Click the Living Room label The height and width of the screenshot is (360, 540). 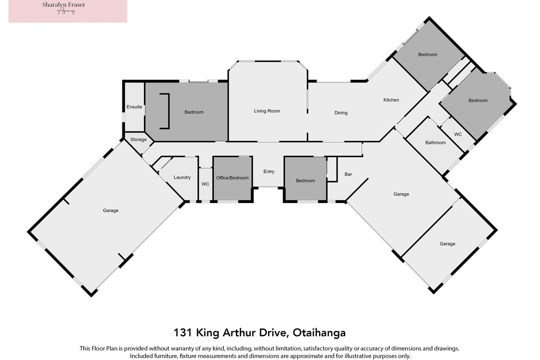tap(267, 111)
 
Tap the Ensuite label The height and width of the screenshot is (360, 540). tap(134, 107)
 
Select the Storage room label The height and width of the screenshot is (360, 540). tap(139, 139)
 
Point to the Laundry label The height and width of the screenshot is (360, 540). tap(182, 177)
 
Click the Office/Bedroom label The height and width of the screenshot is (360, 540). tap(232, 178)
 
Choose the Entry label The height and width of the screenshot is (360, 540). tap(269, 171)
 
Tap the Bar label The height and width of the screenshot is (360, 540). tap(348, 174)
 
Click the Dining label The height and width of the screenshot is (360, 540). tap(341, 112)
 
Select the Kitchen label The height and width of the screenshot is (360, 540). tap(391, 100)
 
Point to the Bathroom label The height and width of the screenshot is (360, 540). tap(436, 143)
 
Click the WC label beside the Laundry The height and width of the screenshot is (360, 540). tap(205, 184)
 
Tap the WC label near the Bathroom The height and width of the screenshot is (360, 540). tap(458, 134)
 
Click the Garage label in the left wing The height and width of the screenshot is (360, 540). tap(111, 211)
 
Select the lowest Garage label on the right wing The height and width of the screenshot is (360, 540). tap(447, 244)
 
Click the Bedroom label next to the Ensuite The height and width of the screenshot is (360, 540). tap(194, 112)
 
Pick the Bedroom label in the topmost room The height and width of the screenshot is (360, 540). tap(427, 54)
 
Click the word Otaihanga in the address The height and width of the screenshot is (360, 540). tap(319, 333)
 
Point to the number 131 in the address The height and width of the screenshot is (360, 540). tap(183, 333)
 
